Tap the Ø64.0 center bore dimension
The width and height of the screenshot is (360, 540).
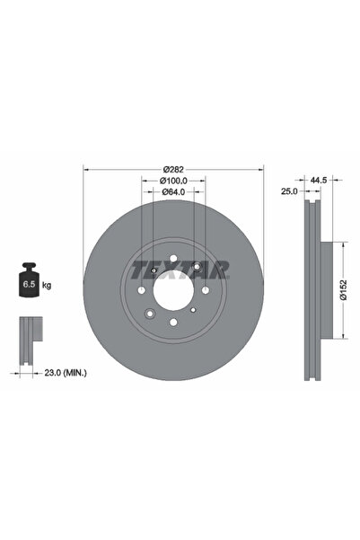point(173,191)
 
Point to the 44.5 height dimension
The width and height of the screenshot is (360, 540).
point(315,180)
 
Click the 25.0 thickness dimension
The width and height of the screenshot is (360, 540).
point(288,191)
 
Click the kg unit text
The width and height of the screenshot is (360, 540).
point(47,285)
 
